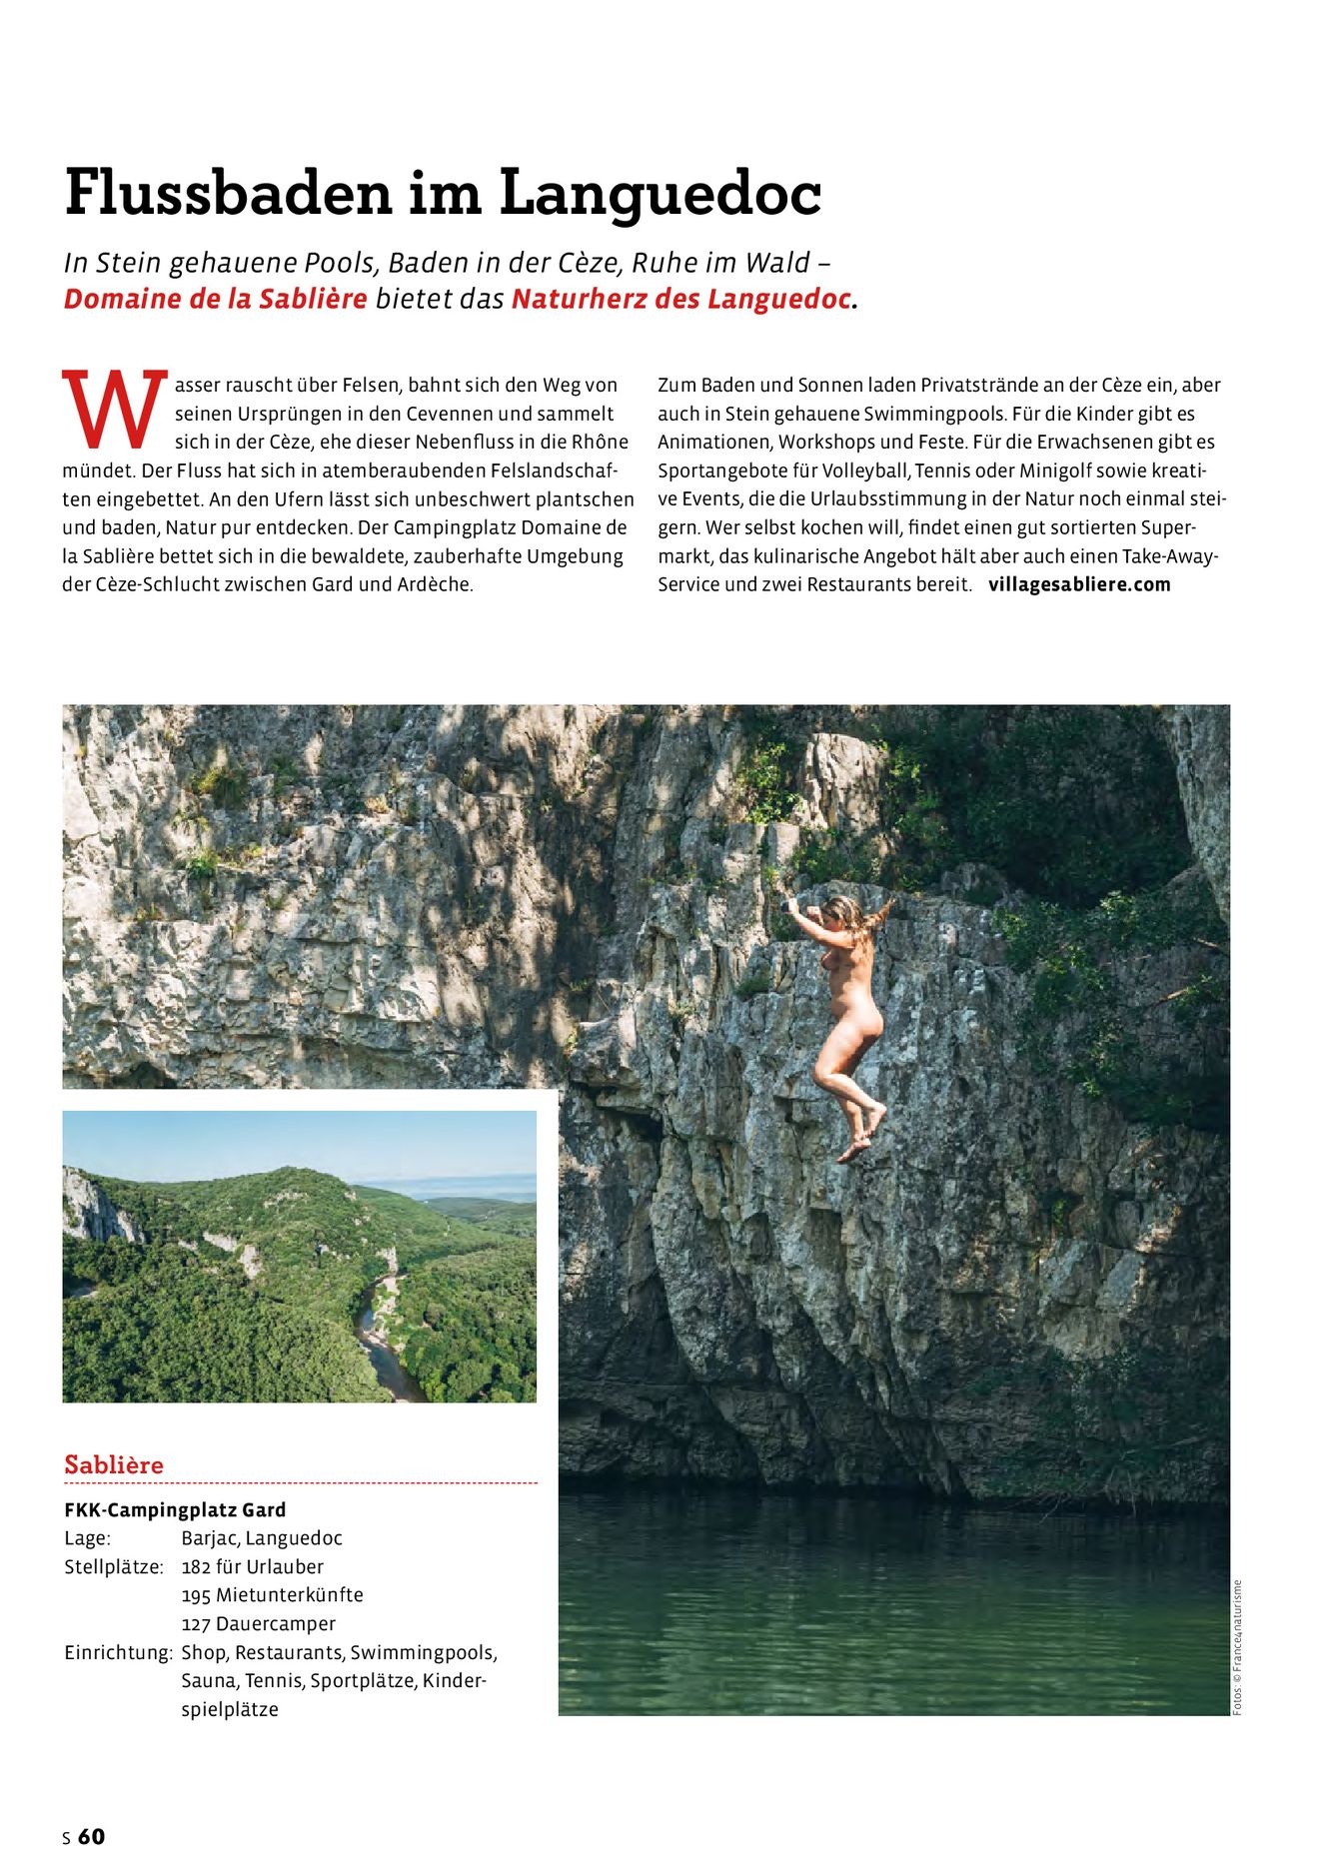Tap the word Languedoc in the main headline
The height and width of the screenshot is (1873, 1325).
click(660, 194)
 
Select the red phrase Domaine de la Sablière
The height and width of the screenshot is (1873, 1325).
click(215, 299)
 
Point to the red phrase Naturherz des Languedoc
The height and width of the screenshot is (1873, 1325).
click(680, 299)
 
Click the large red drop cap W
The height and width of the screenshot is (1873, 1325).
click(114, 410)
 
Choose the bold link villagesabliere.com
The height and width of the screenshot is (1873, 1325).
click(1079, 584)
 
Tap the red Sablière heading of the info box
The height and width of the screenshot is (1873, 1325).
click(114, 1464)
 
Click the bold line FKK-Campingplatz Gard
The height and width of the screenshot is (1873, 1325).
click(175, 1510)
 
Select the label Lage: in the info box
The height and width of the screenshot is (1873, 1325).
click(88, 1538)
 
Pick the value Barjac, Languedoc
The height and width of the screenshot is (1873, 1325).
click(262, 1538)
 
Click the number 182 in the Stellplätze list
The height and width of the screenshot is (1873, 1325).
click(196, 1567)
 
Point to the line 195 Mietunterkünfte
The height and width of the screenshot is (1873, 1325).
click(272, 1595)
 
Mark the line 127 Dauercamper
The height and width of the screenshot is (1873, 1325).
click(258, 1624)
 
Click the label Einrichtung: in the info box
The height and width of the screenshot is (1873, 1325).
click(118, 1652)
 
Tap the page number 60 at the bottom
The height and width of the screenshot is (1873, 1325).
click(91, 1837)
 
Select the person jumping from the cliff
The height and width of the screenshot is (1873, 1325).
click(845, 1019)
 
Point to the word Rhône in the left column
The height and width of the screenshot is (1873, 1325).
click(600, 442)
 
